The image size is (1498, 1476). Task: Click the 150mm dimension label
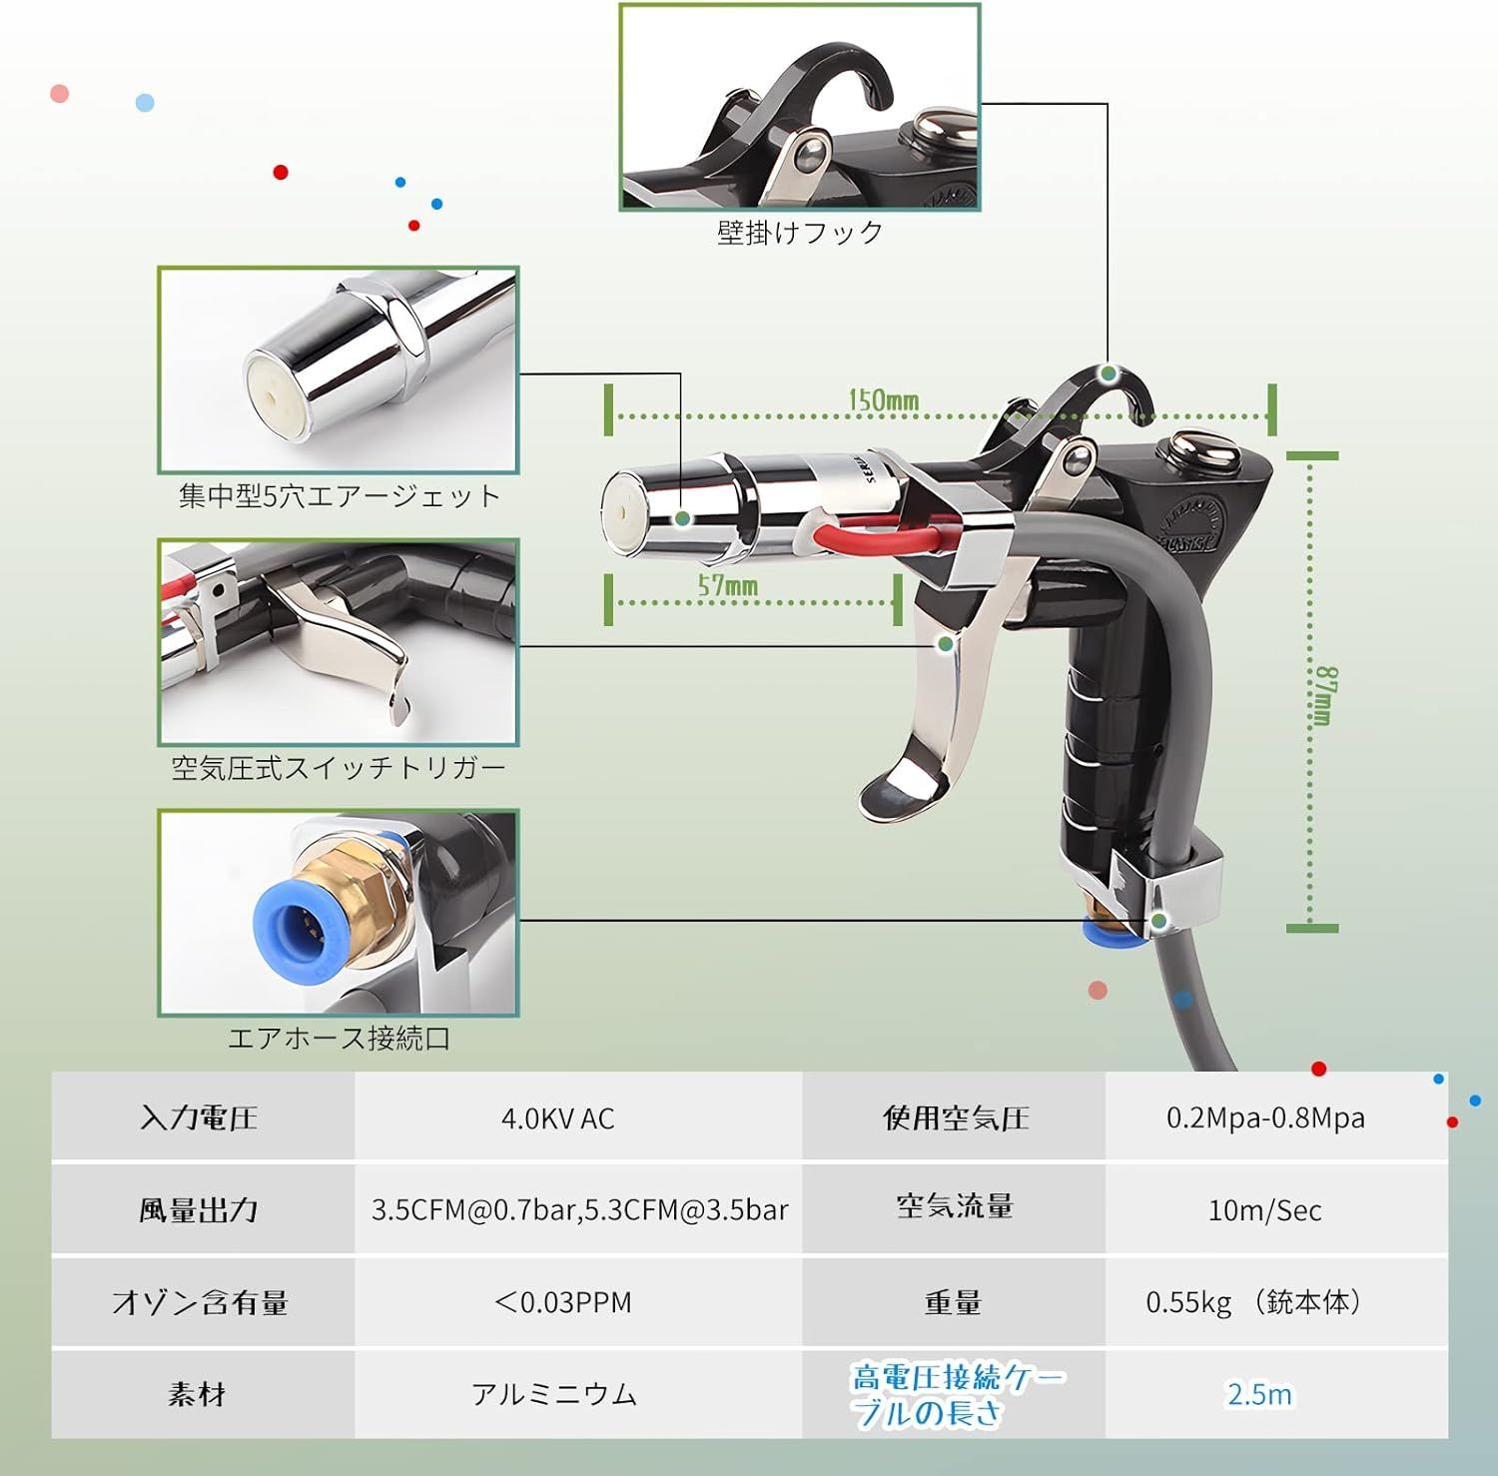[x=883, y=400]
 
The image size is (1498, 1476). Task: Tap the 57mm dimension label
[x=727, y=586]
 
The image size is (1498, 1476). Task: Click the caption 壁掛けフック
[x=800, y=233]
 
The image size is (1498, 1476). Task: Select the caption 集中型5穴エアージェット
[x=339, y=496]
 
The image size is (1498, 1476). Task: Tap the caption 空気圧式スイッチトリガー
[x=339, y=768]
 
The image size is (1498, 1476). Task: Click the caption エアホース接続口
[x=339, y=1039]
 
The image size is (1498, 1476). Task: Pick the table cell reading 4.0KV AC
[x=557, y=1117]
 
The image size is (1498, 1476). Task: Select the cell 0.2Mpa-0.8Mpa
[x=1265, y=1117]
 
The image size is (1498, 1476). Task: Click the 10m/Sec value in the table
[x=1264, y=1210]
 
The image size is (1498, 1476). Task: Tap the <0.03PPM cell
[x=562, y=1302]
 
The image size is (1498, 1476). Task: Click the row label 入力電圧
[x=199, y=1117]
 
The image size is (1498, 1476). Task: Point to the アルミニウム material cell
[x=554, y=1394]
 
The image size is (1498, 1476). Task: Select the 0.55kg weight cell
[x=1255, y=1302]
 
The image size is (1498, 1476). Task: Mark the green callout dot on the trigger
[x=945, y=644]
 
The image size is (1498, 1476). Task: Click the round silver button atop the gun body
[x=1204, y=449]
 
